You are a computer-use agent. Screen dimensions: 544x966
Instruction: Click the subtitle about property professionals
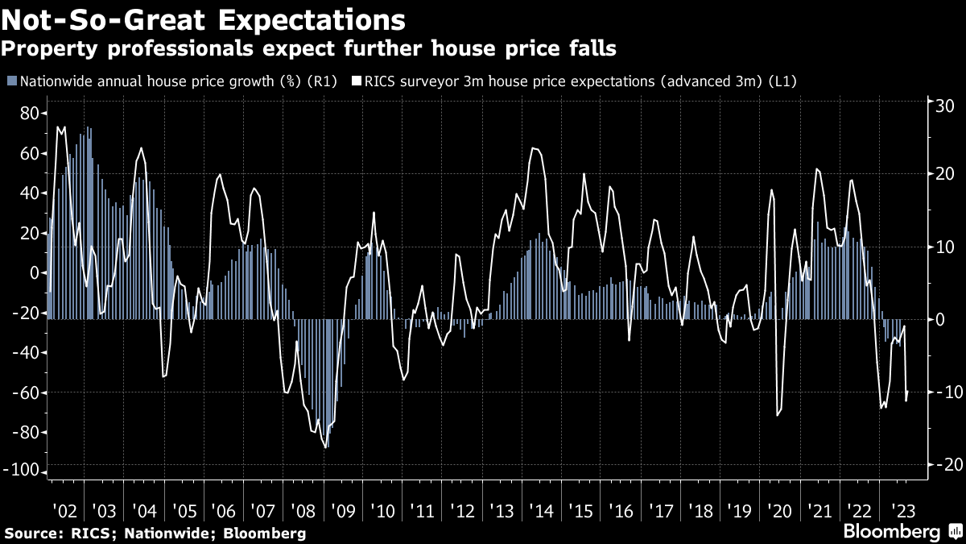309,49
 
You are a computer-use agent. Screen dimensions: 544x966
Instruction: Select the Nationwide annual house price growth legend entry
171,81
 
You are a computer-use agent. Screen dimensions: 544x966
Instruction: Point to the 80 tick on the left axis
30,114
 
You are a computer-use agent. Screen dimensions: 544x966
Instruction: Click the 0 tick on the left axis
35,273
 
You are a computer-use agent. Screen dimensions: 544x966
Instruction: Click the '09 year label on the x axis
341,511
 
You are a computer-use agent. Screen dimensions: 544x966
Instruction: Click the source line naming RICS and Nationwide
155,533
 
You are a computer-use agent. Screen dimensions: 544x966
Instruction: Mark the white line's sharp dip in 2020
777,415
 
